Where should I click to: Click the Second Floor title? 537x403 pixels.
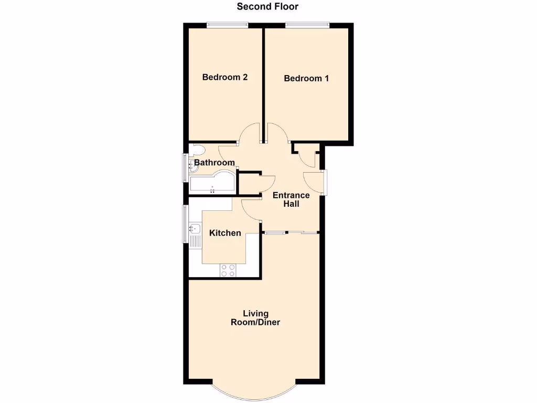coord(267,7)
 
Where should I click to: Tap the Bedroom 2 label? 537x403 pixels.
coord(225,77)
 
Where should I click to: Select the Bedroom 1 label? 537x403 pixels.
coord(306,79)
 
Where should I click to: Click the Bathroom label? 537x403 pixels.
coord(214,163)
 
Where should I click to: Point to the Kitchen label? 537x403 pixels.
coord(225,233)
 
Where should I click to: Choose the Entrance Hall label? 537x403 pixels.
coord(291,199)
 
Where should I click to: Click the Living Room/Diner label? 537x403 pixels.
coord(255,318)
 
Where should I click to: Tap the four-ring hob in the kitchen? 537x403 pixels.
coord(228,270)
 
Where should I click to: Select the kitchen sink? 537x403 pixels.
coord(194,229)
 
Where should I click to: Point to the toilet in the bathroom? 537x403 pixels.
coord(196,150)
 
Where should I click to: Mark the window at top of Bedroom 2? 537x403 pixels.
coord(227,24)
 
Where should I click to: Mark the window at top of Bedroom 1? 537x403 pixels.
coord(307,24)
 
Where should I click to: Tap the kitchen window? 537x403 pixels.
coord(185,224)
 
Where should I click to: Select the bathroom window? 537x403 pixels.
coord(185,167)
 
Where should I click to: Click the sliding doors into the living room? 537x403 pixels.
coord(292,232)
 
